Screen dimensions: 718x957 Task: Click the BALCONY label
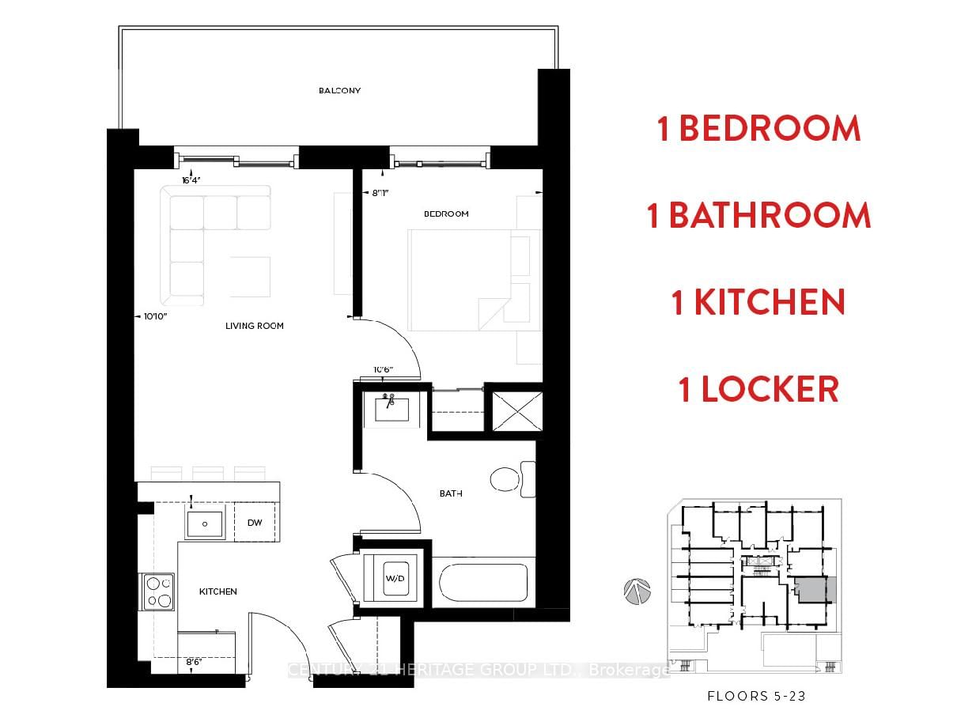339,91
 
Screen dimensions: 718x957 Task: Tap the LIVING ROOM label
254,326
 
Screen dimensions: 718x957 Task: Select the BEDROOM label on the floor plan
446,214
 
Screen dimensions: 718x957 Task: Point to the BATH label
451,493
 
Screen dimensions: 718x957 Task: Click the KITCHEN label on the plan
217,591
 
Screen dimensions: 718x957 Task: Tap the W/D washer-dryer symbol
395,579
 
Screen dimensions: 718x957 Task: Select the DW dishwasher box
255,523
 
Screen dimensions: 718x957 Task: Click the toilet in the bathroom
510,479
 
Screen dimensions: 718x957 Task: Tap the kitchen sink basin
205,523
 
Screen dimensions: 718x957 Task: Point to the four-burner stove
158,591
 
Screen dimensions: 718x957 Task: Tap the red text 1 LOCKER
758,389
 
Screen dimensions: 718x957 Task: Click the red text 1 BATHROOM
758,216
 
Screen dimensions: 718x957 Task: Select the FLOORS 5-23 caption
756,697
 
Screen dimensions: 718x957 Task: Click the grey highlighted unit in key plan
815,590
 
